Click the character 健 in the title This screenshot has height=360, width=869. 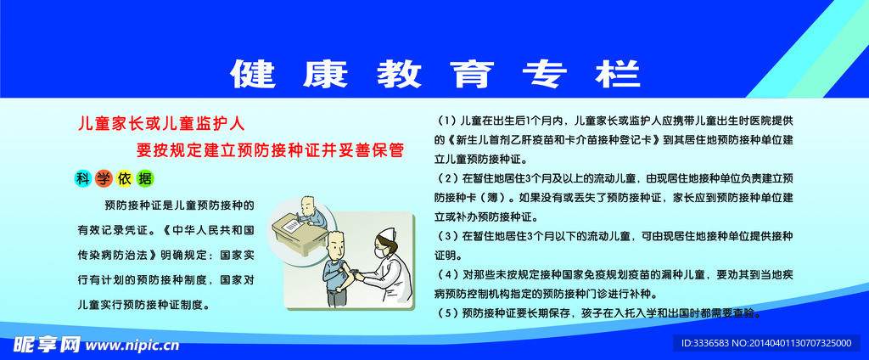253,73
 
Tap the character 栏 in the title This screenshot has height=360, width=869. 618,73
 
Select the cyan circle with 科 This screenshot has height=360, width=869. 83,178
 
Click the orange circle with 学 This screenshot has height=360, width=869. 104,178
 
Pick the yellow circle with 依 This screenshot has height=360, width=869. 124,178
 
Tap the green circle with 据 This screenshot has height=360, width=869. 144,178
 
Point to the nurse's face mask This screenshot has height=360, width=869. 379,253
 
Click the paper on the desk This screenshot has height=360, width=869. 290,226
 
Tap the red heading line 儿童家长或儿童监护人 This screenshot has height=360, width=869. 161,124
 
